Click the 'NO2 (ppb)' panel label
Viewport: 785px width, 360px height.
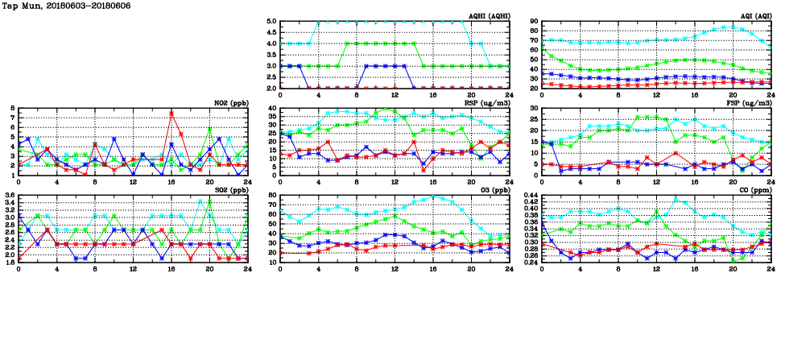(x=230, y=102)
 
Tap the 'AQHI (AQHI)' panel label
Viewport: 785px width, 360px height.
(x=486, y=15)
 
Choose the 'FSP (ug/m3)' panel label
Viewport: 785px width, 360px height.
(x=747, y=102)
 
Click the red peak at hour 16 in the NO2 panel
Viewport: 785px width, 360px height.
(x=171, y=114)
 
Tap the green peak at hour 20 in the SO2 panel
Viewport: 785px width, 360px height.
(x=209, y=200)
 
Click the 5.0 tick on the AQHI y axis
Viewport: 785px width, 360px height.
(x=271, y=22)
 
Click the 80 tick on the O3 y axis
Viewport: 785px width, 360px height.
(x=271, y=196)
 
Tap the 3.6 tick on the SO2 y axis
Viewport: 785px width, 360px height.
(x=10, y=196)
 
